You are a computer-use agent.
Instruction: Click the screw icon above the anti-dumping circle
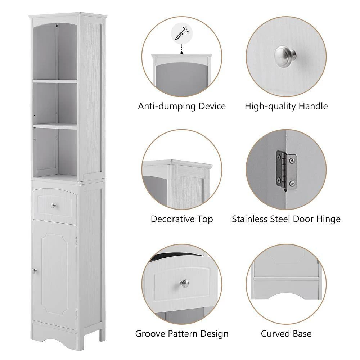[181, 33]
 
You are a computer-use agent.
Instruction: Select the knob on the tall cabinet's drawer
[54, 206]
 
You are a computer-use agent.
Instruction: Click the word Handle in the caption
[313, 106]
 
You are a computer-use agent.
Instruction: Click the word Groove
[148, 334]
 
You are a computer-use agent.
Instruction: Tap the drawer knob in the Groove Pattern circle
[185, 284]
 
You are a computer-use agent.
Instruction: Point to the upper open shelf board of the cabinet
[55, 81]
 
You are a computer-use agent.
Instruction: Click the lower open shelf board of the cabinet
[55, 126]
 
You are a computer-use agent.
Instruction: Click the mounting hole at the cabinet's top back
[58, 26]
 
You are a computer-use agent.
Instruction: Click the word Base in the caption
[302, 334]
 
